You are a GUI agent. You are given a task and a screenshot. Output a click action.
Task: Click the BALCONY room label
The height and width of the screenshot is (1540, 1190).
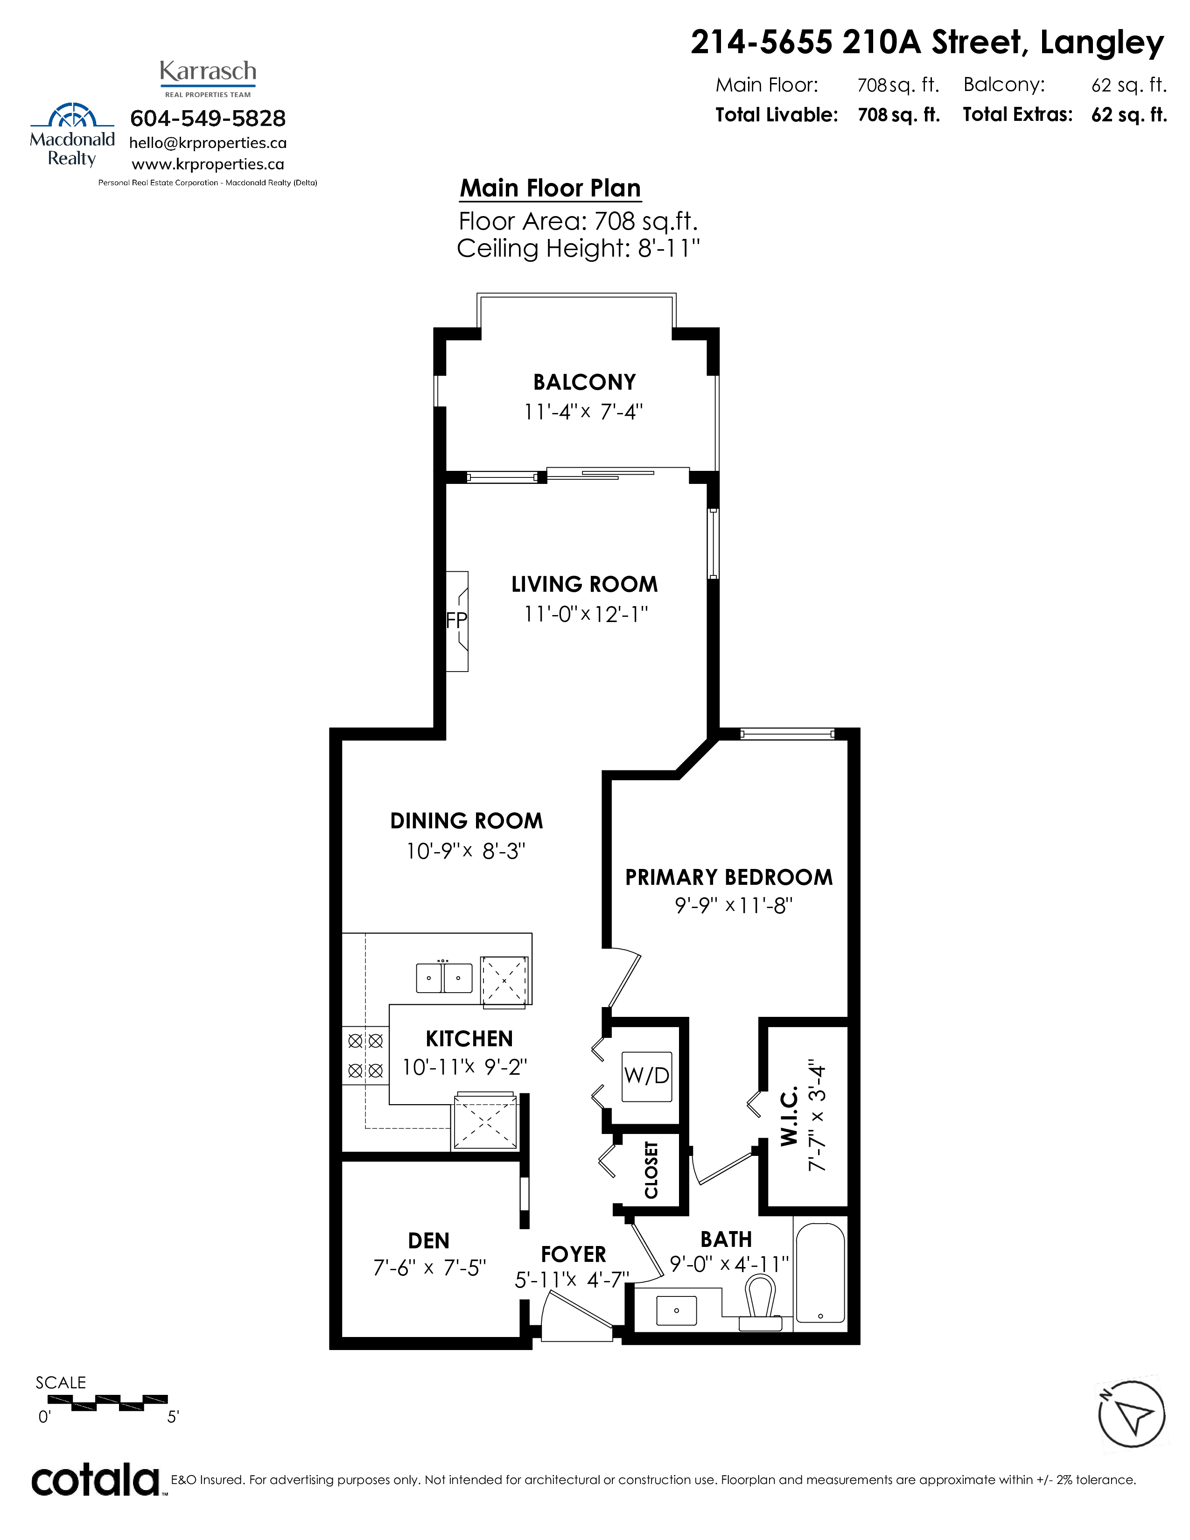(x=584, y=382)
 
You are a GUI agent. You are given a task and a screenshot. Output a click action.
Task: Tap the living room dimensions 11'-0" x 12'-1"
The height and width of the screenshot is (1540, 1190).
(x=585, y=614)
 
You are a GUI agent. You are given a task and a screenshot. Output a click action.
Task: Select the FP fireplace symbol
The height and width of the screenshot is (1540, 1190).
(x=457, y=621)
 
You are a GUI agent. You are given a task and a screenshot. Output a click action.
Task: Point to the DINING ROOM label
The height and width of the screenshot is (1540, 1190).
(x=467, y=821)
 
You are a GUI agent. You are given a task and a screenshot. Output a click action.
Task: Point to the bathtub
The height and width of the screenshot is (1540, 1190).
(x=820, y=1274)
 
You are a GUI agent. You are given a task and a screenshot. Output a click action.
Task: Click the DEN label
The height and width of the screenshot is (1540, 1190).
(x=428, y=1240)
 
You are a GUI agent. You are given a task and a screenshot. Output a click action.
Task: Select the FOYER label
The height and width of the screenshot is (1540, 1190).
(x=573, y=1254)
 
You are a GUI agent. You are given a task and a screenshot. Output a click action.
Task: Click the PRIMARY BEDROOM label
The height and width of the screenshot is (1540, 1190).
(x=729, y=877)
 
